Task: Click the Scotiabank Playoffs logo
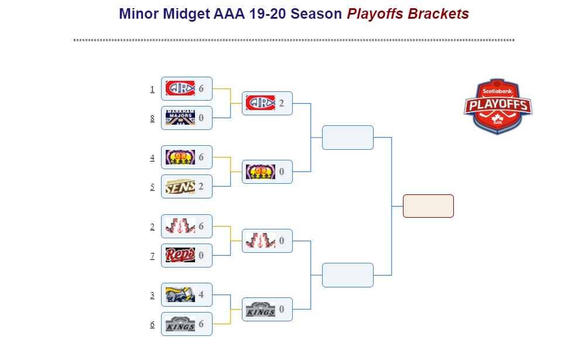pyautogui.click(x=498, y=106)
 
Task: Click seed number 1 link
pyautogui.click(x=152, y=89)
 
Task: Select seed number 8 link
pyautogui.click(x=152, y=118)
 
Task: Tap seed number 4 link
pyautogui.click(x=152, y=157)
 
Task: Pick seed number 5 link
pyautogui.click(x=152, y=187)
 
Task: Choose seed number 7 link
pyautogui.click(x=152, y=256)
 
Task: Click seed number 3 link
pyautogui.click(x=152, y=295)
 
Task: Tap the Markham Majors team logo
pyautogui.click(x=180, y=118)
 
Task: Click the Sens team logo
pyautogui.click(x=180, y=187)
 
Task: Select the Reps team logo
pyautogui.click(x=180, y=255)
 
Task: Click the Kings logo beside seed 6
pyautogui.click(x=180, y=324)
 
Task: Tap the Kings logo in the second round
pyautogui.click(x=261, y=310)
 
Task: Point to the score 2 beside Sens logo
pyautogui.click(x=201, y=187)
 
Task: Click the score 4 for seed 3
pyautogui.click(x=201, y=295)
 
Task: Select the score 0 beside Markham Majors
pyautogui.click(x=201, y=118)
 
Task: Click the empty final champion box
pyautogui.click(x=428, y=206)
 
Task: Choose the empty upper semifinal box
pyautogui.click(x=347, y=138)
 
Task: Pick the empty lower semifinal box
pyautogui.click(x=347, y=275)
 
